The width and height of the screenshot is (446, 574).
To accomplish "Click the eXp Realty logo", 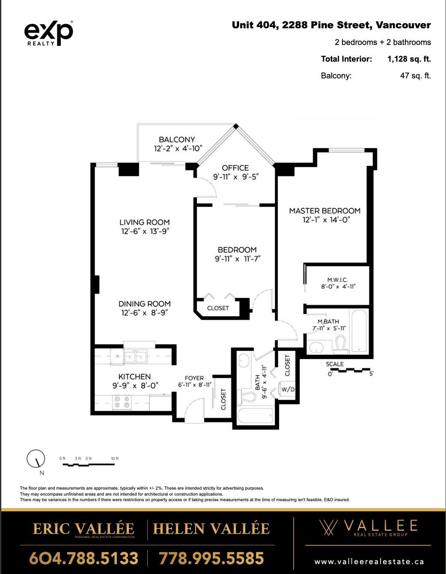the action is pyautogui.click(x=49, y=33).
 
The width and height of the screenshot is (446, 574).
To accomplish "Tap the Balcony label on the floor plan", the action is pyautogui.click(x=177, y=140).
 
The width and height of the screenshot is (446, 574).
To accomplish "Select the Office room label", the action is pyautogui.click(x=235, y=168).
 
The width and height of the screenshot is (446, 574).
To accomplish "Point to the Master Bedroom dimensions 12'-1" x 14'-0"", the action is pyautogui.click(x=326, y=220).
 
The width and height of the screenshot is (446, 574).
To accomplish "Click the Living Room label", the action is pyautogui.click(x=144, y=222).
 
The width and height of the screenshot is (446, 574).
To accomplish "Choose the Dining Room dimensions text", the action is pyautogui.click(x=145, y=313).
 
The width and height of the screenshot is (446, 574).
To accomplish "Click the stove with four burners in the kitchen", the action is pyautogui.click(x=122, y=402).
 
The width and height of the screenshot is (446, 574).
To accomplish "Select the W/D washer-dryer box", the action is pyautogui.click(x=287, y=389).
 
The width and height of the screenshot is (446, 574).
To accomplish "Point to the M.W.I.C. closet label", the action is pyautogui.click(x=338, y=280).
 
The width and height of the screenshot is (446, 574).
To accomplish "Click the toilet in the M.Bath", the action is pyautogui.click(x=340, y=344).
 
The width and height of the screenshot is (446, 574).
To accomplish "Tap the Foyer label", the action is pyautogui.click(x=194, y=378).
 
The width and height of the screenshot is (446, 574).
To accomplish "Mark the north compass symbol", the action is pyautogui.click(x=36, y=459).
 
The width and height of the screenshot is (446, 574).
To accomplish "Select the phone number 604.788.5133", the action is pyautogui.click(x=84, y=558).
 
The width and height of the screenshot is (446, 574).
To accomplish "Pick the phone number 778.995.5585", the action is pyautogui.click(x=211, y=558).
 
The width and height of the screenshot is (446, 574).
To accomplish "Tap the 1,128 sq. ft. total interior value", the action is pyautogui.click(x=409, y=59).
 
